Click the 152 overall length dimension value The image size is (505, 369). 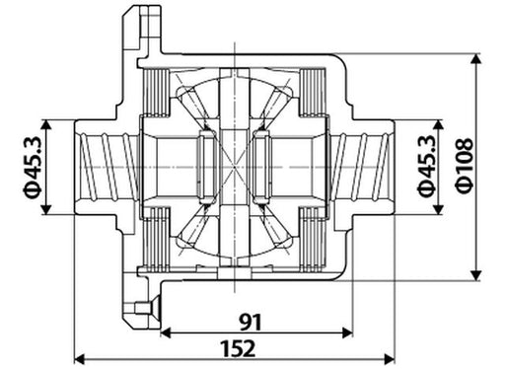pyautogui.click(x=238, y=348)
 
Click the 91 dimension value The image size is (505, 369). pyautogui.click(x=251, y=322)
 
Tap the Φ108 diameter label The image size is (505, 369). pyautogui.click(x=465, y=166)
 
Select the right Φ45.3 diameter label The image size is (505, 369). pyautogui.click(x=426, y=166)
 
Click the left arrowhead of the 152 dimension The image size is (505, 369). pyautogui.click(x=80, y=359)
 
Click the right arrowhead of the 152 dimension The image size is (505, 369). pyautogui.click(x=390, y=359)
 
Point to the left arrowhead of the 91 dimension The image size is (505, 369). pyautogui.click(x=167, y=332)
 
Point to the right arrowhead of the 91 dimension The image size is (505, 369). pyautogui.click(x=347, y=332)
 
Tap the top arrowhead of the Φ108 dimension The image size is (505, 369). pyautogui.click(x=475, y=59)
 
